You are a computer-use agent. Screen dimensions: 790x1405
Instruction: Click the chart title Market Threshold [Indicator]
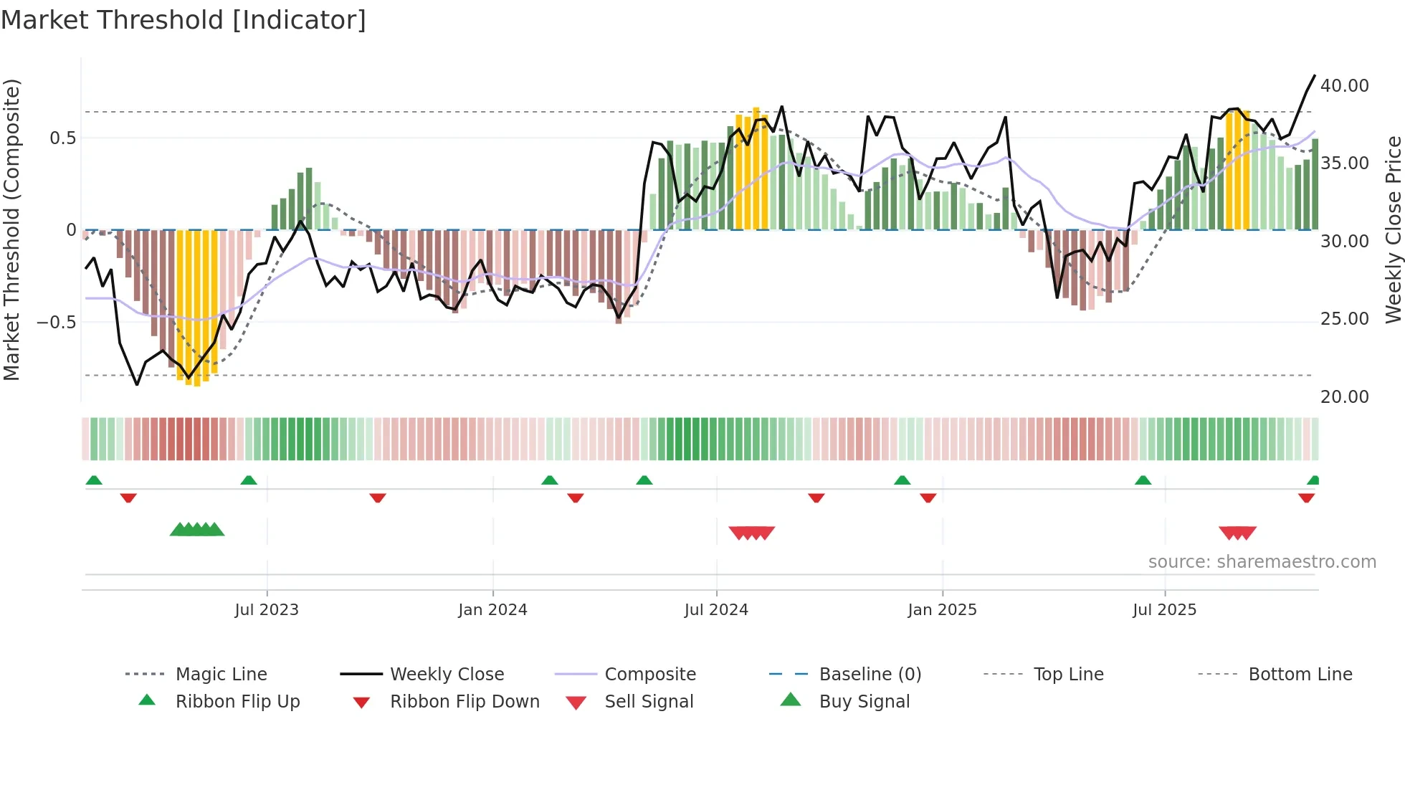coord(184,20)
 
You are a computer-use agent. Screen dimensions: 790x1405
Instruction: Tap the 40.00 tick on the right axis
coord(1344,86)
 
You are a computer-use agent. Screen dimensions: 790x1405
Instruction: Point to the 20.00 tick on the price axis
coord(1344,397)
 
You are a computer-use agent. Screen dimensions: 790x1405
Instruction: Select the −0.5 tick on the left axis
coord(57,323)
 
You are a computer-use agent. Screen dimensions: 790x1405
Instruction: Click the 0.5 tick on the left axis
coord(62,138)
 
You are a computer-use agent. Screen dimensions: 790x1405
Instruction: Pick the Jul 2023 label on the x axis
coord(266,610)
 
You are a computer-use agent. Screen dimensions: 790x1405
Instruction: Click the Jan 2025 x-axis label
coord(941,610)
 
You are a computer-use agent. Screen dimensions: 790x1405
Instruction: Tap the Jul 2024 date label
coord(715,610)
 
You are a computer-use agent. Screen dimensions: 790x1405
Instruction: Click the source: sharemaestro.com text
coord(1262,562)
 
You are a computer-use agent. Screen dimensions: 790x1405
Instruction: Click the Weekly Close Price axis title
coord(1393,229)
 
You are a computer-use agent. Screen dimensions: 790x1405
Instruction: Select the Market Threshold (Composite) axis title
coord(11,229)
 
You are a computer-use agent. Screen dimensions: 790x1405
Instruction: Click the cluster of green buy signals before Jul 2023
coord(197,530)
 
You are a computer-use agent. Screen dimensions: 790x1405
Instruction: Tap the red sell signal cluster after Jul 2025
coord(1237,533)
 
